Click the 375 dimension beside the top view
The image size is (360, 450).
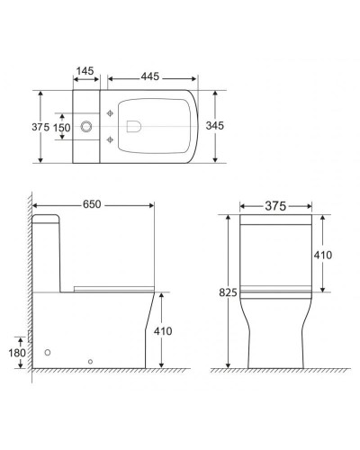tap(40, 127)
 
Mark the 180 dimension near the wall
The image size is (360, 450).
tap(16, 352)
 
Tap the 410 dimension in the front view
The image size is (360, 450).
tap(323, 256)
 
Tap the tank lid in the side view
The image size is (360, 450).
tap(50, 219)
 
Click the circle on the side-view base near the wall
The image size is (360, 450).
tap(48, 353)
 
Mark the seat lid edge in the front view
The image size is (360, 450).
tap(275, 290)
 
